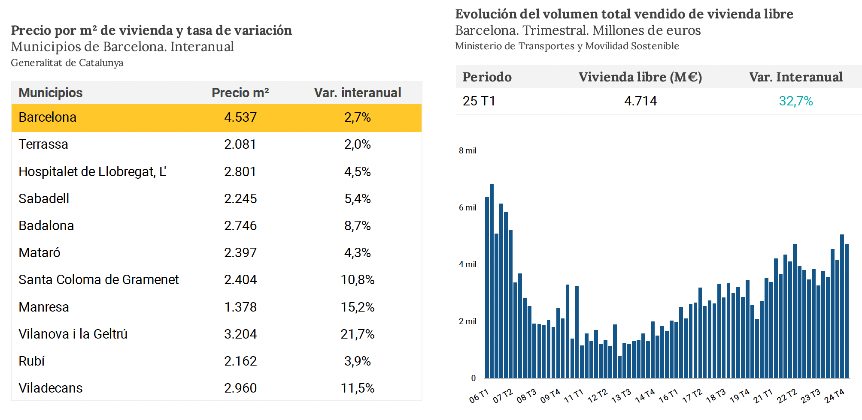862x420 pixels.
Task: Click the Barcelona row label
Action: coord(47,117)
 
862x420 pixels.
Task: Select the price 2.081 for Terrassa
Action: coord(240,144)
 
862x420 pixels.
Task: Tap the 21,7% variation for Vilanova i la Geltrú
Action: coord(357,334)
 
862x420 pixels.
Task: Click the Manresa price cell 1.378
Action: coord(240,307)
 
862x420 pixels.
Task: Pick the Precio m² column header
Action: coord(240,93)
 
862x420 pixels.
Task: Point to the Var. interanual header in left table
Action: coord(357,93)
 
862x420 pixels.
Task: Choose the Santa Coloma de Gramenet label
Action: coord(98,280)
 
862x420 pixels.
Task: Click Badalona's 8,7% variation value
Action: coord(357,226)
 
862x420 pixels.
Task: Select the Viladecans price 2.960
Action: coord(240,388)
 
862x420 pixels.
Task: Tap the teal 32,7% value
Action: coord(795,101)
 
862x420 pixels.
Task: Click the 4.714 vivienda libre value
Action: coord(640,101)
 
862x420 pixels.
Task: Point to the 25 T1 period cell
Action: coord(479,101)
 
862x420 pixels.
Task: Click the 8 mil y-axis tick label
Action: coord(467,151)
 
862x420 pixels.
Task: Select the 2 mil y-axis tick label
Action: coord(467,321)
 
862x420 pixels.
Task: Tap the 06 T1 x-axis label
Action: coord(479,396)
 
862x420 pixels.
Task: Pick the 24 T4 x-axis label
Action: coord(834,396)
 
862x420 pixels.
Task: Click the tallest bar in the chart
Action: coord(492,281)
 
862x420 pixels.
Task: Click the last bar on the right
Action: coord(847,311)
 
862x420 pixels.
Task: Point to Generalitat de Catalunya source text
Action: coord(67,63)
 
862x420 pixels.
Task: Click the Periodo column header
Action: coord(487,77)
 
